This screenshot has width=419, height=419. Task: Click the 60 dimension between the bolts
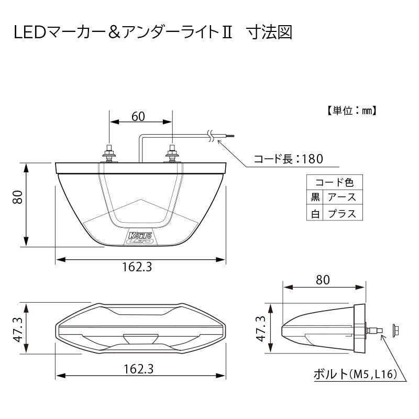[138, 117]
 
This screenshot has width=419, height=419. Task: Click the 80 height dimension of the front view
[17, 198]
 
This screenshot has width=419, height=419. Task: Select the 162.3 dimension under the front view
[137, 268]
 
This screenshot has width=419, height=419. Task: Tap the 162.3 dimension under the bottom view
[137, 369]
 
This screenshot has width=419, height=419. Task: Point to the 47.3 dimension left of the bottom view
[17, 329]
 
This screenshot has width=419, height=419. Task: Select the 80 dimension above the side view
[323, 280]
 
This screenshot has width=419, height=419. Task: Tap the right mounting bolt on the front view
[172, 154]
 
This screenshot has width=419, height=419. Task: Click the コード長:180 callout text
[288, 159]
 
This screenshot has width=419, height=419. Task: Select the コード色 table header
[334, 183]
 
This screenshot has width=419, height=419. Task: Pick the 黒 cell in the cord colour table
[315, 197]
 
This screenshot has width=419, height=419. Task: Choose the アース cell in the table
[341, 197]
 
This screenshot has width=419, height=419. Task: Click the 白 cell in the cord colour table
[315, 213]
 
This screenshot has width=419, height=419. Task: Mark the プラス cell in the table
[341, 213]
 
